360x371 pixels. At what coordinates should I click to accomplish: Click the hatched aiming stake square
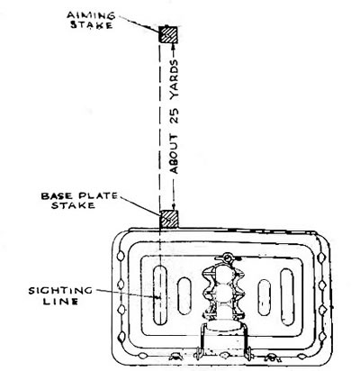(168, 34)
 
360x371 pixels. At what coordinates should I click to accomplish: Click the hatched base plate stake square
(168, 219)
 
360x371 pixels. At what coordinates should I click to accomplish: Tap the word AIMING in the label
(91, 15)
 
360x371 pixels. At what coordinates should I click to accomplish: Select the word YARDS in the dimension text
(174, 79)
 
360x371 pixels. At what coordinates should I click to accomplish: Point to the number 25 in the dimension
(174, 116)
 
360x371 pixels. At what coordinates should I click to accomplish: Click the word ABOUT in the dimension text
(174, 154)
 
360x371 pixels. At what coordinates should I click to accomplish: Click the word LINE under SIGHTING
(60, 301)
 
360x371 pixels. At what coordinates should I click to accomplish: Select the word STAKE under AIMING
(91, 24)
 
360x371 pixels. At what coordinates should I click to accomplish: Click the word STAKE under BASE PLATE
(73, 205)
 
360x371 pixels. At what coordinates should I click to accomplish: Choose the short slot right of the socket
(264, 297)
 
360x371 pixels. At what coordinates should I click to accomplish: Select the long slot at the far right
(287, 297)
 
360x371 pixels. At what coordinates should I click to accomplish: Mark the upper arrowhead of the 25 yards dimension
(174, 46)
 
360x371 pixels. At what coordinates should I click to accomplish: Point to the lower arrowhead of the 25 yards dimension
(174, 207)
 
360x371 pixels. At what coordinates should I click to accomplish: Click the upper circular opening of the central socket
(224, 274)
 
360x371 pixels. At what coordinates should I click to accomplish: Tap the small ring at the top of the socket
(228, 258)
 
